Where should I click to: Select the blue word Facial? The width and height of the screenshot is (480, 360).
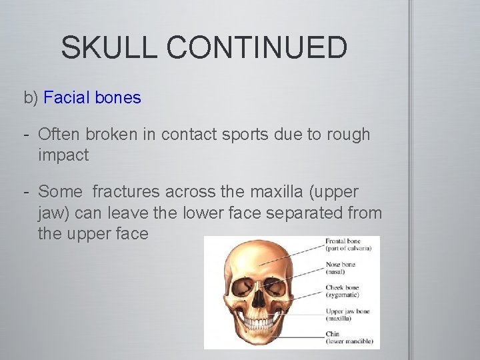[67, 98]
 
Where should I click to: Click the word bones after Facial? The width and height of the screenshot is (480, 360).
[118, 98]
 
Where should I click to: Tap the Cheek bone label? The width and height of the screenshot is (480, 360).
[343, 288]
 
